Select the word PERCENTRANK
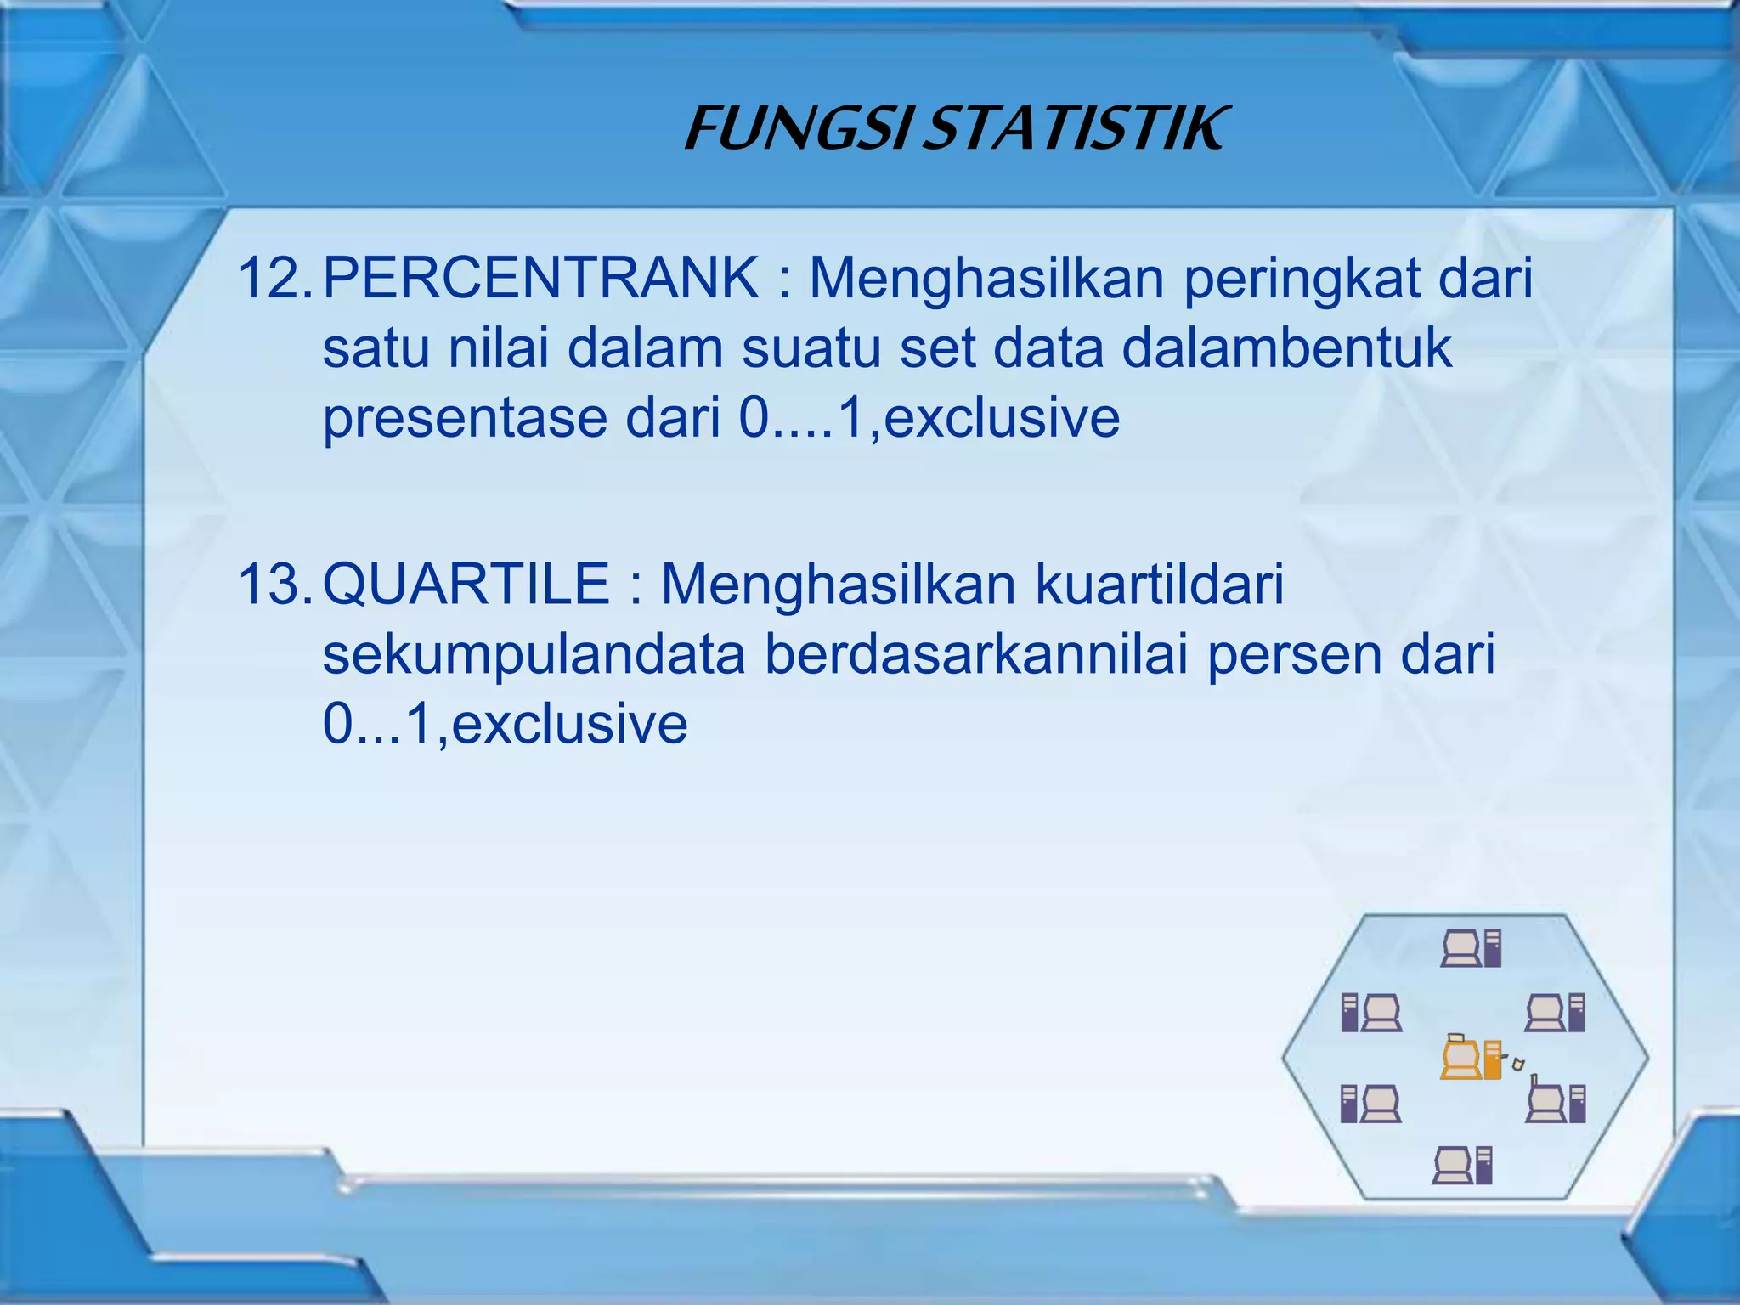pos(540,278)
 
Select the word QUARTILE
pos(466,585)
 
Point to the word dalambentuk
pos(1286,348)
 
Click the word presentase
pos(465,419)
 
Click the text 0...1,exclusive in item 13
pos(505,724)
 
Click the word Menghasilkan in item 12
pos(986,280)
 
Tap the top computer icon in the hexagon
pos(1472,948)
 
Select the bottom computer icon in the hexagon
pos(1462,1165)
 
